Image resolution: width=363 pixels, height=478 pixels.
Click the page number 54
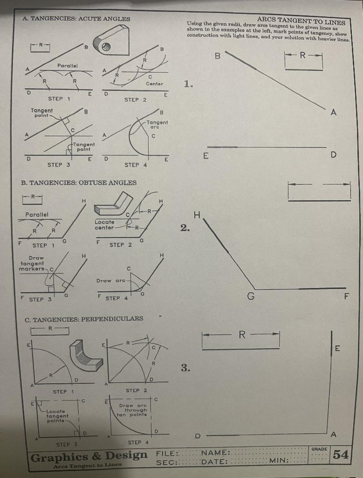tap(341, 454)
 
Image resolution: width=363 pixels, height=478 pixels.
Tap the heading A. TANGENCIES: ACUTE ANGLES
tap(76, 19)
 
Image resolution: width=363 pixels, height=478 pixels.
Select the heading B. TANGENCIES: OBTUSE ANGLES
tap(79, 183)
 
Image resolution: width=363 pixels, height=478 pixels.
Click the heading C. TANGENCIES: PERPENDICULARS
tap(84, 318)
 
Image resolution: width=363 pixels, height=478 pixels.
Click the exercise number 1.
tap(187, 84)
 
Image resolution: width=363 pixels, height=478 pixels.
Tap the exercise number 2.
tap(185, 228)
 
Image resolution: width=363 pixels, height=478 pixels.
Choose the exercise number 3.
tap(185, 368)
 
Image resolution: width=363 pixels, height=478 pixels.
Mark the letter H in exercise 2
tap(197, 215)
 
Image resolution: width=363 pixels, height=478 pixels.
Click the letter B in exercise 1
tap(217, 56)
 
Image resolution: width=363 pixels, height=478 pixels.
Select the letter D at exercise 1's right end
tap(332, 155)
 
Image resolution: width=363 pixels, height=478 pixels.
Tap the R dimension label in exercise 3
tap(241, 334)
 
